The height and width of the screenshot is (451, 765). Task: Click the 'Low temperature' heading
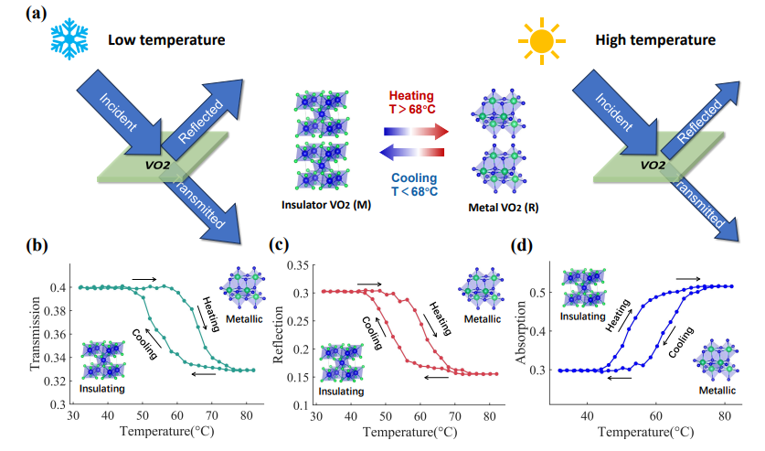tap(165, 40)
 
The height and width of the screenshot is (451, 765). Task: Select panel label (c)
tap(280, 244)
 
